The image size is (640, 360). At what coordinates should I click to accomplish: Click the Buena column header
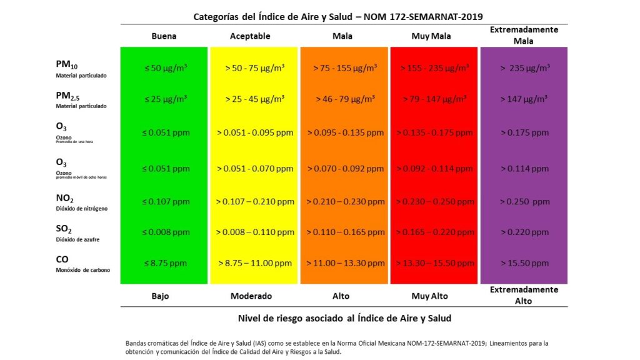click(x=164, y=36)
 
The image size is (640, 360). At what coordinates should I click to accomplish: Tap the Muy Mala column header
click(x=429, y=36)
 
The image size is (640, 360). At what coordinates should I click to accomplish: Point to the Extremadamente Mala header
click(x=524, y=35)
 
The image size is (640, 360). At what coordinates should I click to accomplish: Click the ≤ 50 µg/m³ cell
click(x=164, y=67)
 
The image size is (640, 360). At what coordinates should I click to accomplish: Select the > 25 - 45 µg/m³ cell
click(x=255, y=99)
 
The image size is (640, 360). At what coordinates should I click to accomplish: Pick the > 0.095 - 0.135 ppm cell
click(x=346, y=132)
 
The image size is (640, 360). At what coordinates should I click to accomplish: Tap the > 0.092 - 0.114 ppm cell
click(x=436, y=168)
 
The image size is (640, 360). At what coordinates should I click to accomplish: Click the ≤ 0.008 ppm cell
click(x=164, y=232)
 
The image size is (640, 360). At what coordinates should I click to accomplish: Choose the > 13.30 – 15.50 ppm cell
click(x=436, y=263)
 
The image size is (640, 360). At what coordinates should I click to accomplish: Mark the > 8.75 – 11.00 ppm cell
click(x=255, y=263)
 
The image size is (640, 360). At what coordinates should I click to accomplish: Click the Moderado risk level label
click(x=251, y=296)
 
